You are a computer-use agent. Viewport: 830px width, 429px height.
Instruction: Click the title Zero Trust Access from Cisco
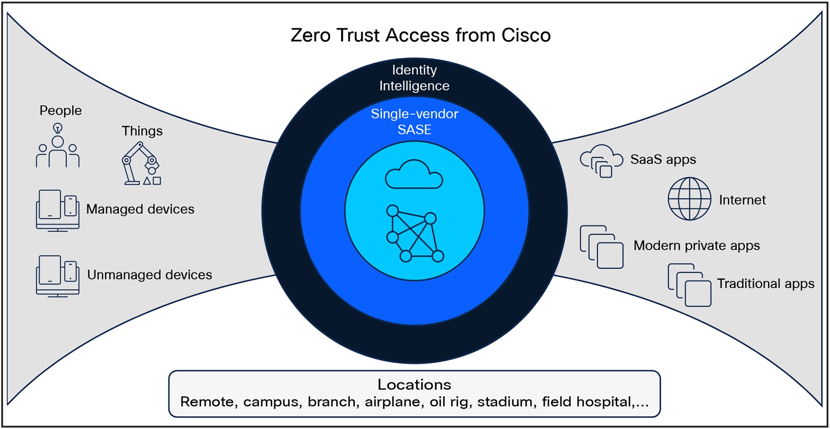tap(420, 35)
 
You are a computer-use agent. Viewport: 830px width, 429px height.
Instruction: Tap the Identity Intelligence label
tap(414, 78)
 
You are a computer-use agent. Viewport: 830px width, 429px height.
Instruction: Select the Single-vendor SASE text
tap(414, 121)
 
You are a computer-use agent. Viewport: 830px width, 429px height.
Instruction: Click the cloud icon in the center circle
tap(414, 175)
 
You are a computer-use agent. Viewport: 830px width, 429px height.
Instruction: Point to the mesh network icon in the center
tap(414, 234)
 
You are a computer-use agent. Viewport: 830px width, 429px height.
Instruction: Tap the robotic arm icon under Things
tap(141, 163)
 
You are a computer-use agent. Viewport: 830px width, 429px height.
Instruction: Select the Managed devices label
tap(140, 209)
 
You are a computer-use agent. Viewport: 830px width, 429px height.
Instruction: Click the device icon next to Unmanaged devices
tap(58, 276)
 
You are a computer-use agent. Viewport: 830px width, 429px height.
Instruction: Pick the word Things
tap(142, 131)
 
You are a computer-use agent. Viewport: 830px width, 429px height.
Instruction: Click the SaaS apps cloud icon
tap(601, 161)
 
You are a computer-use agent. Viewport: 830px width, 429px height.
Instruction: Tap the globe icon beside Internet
tap(689, 199)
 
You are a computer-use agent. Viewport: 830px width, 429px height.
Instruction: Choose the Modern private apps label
tap(696, 246)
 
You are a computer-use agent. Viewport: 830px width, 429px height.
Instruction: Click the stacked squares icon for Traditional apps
tap(689, 285)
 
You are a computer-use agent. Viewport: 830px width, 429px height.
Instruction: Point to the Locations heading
tap(414, 385)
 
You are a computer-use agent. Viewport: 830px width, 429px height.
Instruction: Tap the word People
tap(60, 110)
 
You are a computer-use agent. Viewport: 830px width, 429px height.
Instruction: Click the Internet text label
tap(742, 200)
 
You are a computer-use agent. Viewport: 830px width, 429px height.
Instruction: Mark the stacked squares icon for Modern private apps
tap(601, 247)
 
